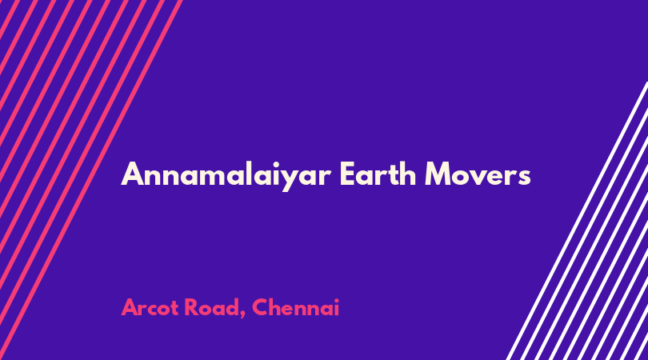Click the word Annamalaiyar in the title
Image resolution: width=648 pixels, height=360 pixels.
click(226, 175)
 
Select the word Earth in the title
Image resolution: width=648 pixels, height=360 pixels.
click(378, 174)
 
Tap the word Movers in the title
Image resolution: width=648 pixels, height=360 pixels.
click(478, 174)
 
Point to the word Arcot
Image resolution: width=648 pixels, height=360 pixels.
click(150, 307)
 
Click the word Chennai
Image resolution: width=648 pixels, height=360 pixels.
click(295, 307)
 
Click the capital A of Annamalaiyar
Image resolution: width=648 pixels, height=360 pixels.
click(132, 174)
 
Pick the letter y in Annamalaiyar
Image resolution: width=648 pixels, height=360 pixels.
click(294, 180)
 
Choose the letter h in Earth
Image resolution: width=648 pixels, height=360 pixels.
click(407, 174)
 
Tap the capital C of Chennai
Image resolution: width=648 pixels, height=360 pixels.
click(260, 307)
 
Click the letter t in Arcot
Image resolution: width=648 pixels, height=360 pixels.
click(174, 308)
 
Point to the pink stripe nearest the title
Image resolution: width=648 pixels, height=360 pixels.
click(91, 180)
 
